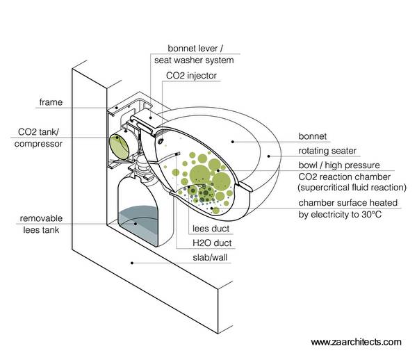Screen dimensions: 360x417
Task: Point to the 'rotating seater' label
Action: click(x=327, y=151)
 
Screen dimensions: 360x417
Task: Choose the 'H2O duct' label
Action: click(x=213, y=243)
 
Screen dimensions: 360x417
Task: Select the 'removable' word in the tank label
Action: click(x=42, y=216)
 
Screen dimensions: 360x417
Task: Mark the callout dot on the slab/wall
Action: click(x=133, y=263)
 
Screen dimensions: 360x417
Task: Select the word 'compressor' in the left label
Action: click(x=40, y=144)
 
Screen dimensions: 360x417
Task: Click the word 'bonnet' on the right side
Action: click(x=312, y=137)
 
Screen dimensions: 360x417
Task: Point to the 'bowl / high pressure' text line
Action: click(x=338, y=165)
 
